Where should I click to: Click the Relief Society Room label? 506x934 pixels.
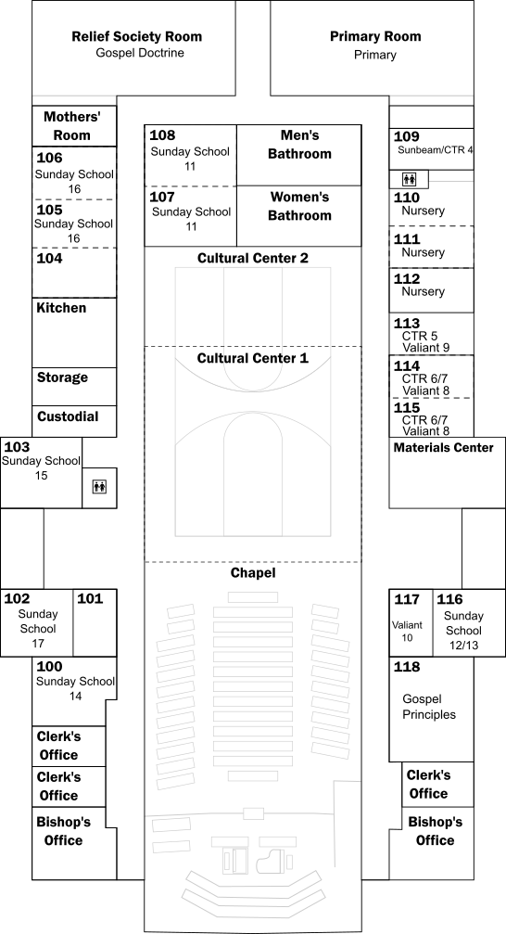click(x=137, y=36)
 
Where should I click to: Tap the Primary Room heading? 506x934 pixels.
click(x=375, y=36)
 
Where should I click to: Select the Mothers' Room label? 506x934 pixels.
click(x=71, y=126)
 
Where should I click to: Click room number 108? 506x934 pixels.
click(x=162, y=135)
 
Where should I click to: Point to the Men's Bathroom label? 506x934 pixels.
click(x=299, y=145)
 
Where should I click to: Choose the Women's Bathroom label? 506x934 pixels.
click(x=299, y=206)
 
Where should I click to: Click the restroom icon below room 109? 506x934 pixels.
click(x=410, y=179)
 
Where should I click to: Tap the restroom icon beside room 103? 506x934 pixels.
click(x=99, y=487)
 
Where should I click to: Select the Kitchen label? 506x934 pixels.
click(x=61, y=308)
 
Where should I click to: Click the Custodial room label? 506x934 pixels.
click(x=68, y=416)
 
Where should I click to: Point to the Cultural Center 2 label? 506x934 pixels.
click(x=253, y=259)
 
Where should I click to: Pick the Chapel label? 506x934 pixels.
click(x=253, y=573)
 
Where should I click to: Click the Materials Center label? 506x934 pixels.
click(x=444, y=447)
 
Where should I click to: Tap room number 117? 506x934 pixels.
click(x=407, y=599)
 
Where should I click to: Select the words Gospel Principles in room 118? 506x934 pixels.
click(x=429, y=707)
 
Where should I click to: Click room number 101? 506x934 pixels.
click(x=90, y=598)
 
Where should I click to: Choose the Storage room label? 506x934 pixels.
click(x=62, y=377)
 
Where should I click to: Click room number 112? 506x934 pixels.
click(x=407, y=279)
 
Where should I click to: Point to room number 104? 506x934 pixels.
click(x=49, y=259)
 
